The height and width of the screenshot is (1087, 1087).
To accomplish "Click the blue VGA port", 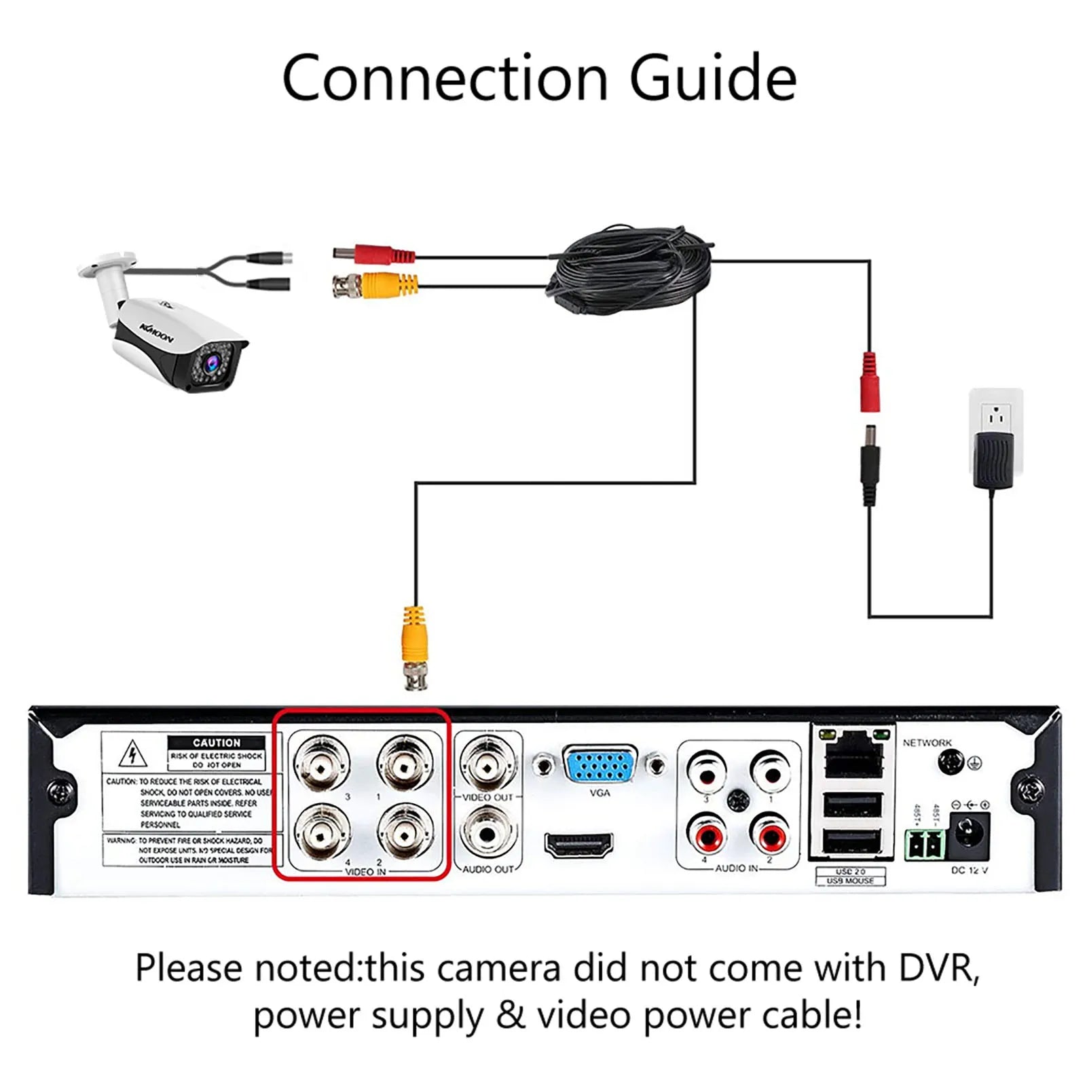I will pyautogui.click(x=600, y=765).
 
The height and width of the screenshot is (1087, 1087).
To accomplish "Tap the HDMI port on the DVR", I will pyautogui.click(x=578, y=845).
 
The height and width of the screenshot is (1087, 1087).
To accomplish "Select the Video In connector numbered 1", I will pyautogui.click(x=405, y=763).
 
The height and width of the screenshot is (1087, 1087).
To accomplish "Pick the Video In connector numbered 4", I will pyautogui.click(x=323, y=831).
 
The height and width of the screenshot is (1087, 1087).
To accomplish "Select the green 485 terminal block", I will pyautogui.click(x=925, y=845).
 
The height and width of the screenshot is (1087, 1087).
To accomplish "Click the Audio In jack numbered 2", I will pyautogui.click(x=771, y=834).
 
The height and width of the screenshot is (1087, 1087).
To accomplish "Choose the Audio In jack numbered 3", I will pyautogui.click(x=706, y=771).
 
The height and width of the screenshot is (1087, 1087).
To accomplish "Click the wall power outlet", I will pyautogui.click(x=995, y=416).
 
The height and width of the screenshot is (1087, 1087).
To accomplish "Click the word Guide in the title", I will pyautogui.click(x=713, y=78).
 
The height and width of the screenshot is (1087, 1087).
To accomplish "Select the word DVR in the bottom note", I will pyautogui.click(x=939, y=968).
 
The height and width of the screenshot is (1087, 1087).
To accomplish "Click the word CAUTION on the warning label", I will pyautogui.click(x=216, y=743).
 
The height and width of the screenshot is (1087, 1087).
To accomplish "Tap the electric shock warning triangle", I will pyautogui.click(x=133, y=754).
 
